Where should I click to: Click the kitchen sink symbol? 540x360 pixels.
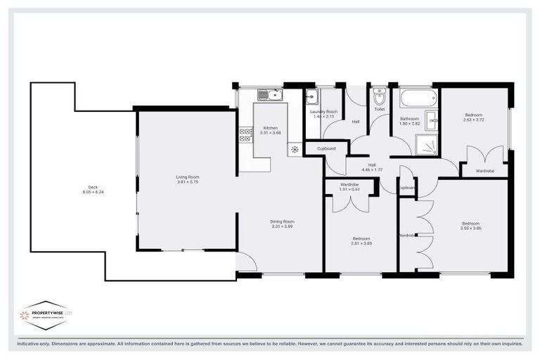click(269, 95)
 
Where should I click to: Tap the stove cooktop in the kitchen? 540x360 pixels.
click(245, 134)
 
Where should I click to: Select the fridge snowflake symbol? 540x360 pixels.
click(294, 149)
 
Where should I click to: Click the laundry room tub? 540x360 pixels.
click(313, 97)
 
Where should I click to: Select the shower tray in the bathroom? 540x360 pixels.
click(426, 144)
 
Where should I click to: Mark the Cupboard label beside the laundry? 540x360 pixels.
click(326, 148)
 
